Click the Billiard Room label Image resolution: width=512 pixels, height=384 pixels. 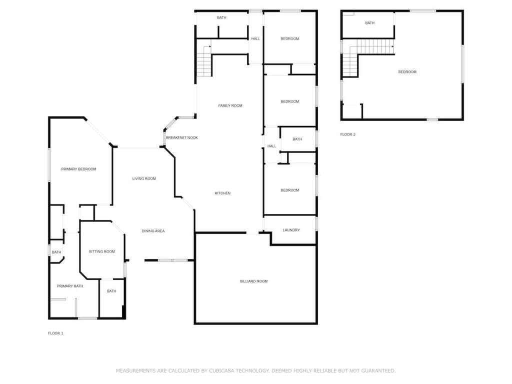pos(253,281)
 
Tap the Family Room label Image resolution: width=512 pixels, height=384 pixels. pos(230,105)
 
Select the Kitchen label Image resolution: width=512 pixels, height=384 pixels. pos(222,193)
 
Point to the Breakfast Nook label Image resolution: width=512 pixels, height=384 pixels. pos(182,138)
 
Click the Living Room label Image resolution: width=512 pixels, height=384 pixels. pos(144,178)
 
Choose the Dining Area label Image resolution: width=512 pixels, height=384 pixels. pos(153,231)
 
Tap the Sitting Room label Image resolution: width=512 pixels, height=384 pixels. pos(102,251)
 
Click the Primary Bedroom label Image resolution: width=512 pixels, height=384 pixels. pos(78,169)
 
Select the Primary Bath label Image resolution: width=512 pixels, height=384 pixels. pos(70,286)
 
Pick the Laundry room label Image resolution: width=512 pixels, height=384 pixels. pos(291,230)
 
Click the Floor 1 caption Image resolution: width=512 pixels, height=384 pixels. pos(55,333)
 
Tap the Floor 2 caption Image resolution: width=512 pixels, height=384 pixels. pos(348,134)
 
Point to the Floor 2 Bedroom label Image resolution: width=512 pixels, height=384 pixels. pos(407,72)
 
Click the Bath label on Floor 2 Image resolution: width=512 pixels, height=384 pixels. pos(369,23)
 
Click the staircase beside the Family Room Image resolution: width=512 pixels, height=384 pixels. pos(204,61)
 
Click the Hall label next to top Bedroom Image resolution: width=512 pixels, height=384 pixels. pos(255,39)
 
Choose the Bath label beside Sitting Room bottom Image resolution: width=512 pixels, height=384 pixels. pos(111,291)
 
